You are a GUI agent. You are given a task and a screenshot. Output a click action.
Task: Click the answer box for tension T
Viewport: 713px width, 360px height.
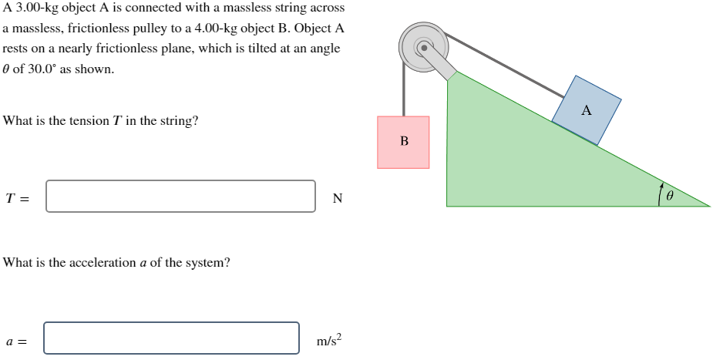(180, 196)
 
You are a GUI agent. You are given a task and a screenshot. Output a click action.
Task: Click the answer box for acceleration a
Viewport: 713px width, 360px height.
(171, 338)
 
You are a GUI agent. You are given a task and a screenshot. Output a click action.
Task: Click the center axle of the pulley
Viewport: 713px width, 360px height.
(422, 47)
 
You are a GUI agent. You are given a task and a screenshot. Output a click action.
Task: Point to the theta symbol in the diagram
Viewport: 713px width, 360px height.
(670, 197)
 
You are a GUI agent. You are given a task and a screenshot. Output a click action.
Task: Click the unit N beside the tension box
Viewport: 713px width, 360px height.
(337, 198)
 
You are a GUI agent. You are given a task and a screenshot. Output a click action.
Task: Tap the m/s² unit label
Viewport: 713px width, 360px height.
(328, 340)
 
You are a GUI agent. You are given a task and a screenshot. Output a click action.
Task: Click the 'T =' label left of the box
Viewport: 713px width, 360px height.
(17, 198)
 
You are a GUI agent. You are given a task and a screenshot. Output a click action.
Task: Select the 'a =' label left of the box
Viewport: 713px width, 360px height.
(16, 341)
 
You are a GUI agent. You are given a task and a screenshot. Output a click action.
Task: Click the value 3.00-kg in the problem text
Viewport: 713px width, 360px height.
(39, 8)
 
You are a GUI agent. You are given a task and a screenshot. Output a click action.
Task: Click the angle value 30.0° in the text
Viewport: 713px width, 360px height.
(34, 69)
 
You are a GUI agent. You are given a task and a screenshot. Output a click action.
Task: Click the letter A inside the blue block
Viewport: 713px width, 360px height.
(587, 111)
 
